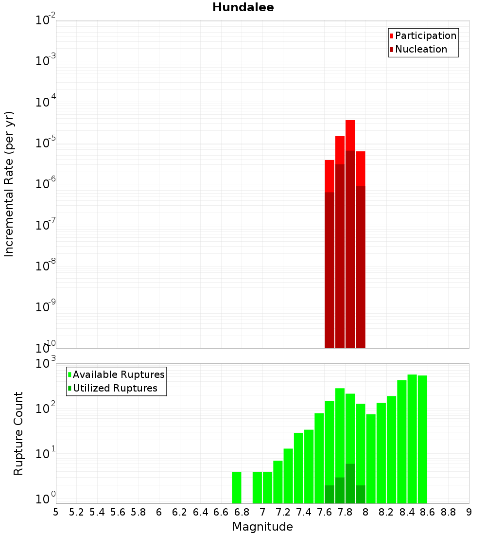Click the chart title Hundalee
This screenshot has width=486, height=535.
coord(243,8)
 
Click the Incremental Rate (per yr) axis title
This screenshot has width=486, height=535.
coord(9,184)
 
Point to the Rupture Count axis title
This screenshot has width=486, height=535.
coord(18,433)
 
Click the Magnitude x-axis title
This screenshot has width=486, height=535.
coord(262,527)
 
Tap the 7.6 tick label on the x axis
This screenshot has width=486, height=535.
coord(324,512)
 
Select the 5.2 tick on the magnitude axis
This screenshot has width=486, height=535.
coord(76,512)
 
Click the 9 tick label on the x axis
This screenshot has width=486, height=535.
coord(469,512)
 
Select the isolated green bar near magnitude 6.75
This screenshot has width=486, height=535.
coord(237,487)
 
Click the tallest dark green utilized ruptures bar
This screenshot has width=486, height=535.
coord(350,484)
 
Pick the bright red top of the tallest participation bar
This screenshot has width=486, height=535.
coord(350,135)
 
